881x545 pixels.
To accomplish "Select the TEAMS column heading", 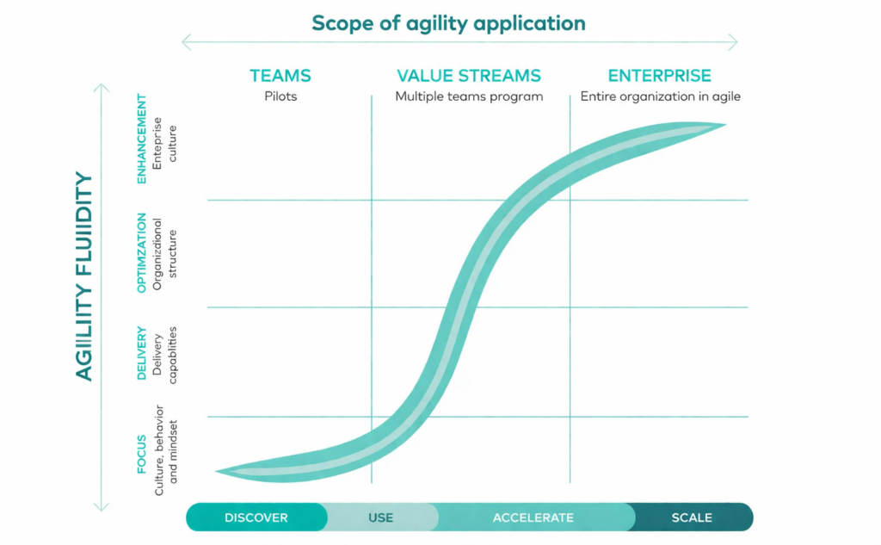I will [280, 76].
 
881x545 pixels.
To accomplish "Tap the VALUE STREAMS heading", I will [469, 76].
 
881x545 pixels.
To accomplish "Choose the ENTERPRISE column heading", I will [660, 76].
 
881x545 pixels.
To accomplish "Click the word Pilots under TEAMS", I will [280, 96].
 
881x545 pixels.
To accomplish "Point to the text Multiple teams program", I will [469, 96].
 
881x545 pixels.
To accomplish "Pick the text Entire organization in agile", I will [660, 96].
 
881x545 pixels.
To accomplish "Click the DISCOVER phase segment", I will [256, 517].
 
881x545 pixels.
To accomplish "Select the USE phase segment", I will [380, 517].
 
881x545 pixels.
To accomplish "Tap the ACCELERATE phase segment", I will [533, 517].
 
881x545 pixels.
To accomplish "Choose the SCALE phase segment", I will [692, 517].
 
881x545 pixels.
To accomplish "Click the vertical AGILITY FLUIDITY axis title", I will [83, 276].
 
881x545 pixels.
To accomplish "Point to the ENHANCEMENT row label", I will [142, 139].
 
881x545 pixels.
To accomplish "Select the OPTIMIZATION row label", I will [142, 255].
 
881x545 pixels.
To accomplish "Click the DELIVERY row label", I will [142, 353].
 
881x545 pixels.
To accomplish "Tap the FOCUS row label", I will [142, 455].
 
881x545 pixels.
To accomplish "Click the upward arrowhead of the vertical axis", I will [102, 88].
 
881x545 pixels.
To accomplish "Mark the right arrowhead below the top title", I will [733, 42].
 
